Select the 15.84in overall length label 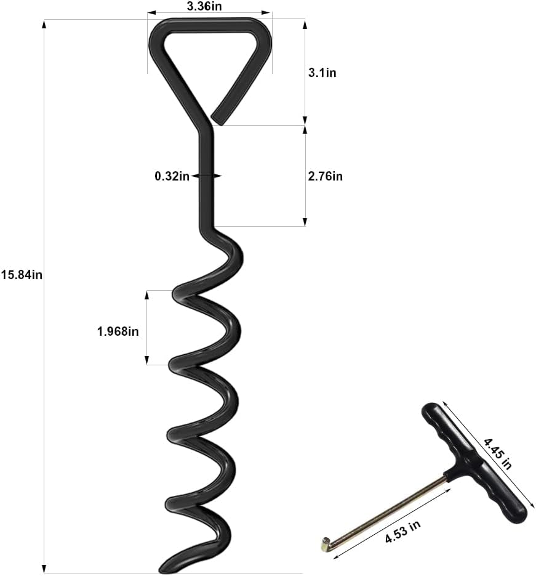pyautogui.click(x=22, y=275)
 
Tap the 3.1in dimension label pyautogui.click(x=322, y=73)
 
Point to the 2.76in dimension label pyautogui.click(x=324, y=176)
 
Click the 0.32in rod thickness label pyautogui.click(x=172, y=176)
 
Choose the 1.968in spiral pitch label pyautogui.click(x=118, y=331)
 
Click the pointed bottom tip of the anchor pyautogui.click(x=165, y=568)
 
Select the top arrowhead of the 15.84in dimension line pyautogui.click(x=44, y=25)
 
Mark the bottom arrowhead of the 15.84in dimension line pyautogui.click(x=44, y=569)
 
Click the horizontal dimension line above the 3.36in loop pyautogui.click(x=209, y=12)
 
